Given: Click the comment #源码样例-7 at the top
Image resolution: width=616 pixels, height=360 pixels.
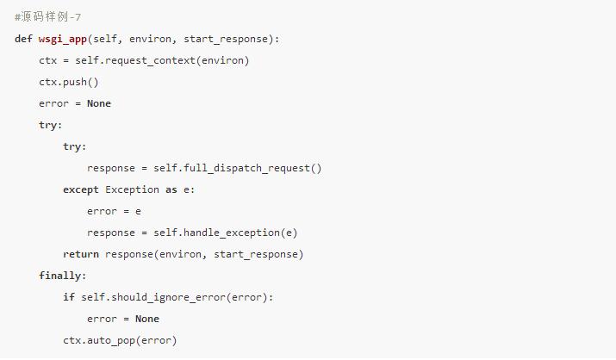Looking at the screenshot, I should [x=48, y=17].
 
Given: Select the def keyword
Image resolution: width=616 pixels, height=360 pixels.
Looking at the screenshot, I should [x=23, y=39].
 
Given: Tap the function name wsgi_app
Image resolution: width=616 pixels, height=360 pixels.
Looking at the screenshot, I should [x=63, y=39].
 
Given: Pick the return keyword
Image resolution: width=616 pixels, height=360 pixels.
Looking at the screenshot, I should [x=81, y=254].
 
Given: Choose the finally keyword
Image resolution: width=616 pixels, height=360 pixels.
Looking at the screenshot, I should [x=62, y=276].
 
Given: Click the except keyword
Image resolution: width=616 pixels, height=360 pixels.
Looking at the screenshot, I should [x=81, y=189].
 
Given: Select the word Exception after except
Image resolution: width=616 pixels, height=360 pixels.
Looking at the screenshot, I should [x=132, y=189].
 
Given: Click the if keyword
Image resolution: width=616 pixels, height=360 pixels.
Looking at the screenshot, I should [x=69, y=297].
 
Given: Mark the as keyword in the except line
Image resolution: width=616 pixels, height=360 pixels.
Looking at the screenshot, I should [x=171, y=189].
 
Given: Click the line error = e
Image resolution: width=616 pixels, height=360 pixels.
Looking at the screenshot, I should [x=114, y=211].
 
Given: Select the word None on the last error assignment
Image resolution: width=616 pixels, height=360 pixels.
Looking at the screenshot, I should [x=147, y=319].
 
